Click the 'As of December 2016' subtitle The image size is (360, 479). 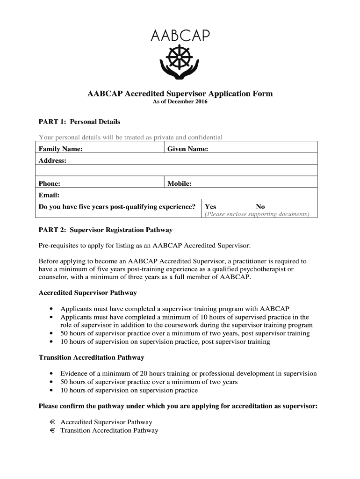[180, 102]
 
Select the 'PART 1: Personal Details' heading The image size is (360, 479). [79, 122]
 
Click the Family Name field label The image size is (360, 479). [61, 149]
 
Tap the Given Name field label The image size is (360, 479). [188, 149]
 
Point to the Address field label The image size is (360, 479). [52, 160]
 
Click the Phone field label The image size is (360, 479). [49, 184]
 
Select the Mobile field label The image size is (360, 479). [180, 184]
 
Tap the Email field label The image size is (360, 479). [48, 195]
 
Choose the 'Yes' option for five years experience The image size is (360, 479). [210, 207]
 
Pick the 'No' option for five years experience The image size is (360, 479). [260, 207]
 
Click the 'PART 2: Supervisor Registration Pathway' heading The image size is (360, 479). [105, 230]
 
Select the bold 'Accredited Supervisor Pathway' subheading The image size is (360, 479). [87, 293]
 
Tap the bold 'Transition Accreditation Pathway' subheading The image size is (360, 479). [91, 357]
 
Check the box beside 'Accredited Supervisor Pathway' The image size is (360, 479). [53, 422]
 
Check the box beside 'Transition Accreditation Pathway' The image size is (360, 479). [53, 430]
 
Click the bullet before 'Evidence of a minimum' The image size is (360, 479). [50, 374]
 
